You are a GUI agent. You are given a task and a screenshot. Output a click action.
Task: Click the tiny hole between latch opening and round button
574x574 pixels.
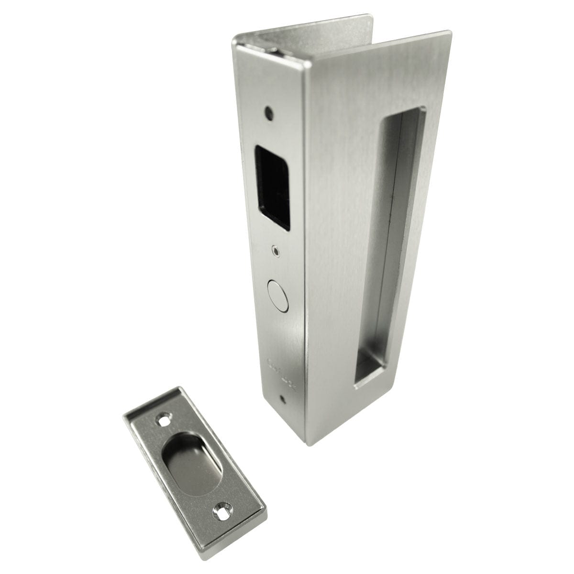(275, 249)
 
